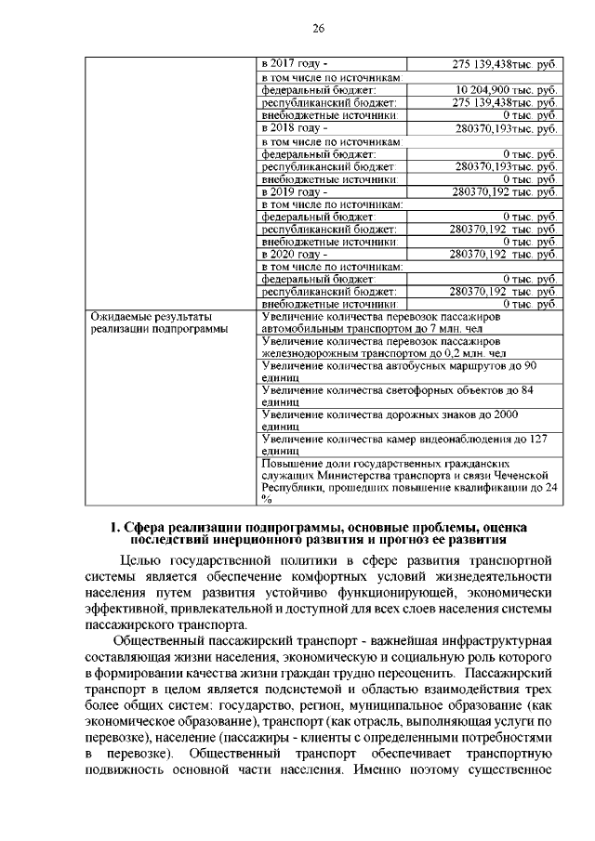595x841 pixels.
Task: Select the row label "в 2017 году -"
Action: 293,64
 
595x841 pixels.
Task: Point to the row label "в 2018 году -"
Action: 293,127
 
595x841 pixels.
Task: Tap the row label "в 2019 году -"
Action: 293,191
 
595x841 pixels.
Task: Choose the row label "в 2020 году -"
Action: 293,254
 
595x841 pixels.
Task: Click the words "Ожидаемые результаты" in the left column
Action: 149,317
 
